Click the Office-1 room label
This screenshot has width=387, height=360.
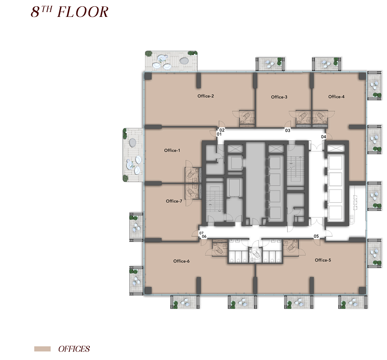172,150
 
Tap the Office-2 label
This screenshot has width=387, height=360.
205,96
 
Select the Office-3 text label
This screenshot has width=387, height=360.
279,97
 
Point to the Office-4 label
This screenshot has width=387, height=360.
336,97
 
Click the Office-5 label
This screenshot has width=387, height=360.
323,260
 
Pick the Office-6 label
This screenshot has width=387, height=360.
182,261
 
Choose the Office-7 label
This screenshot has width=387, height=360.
174,201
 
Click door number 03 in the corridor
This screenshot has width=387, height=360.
288,130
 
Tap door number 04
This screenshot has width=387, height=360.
324,137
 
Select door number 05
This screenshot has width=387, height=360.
316,236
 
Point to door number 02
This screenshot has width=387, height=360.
222,130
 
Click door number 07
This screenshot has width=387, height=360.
201,233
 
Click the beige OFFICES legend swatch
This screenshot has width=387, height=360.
43,349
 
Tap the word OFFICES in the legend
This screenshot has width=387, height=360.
74,349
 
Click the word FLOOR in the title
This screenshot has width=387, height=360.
83,12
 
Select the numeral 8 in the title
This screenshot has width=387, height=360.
36,12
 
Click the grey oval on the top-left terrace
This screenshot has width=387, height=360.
184,61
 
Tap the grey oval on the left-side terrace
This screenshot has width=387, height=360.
132,142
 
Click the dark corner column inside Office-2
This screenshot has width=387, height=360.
148,76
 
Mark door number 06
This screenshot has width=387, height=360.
204,237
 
